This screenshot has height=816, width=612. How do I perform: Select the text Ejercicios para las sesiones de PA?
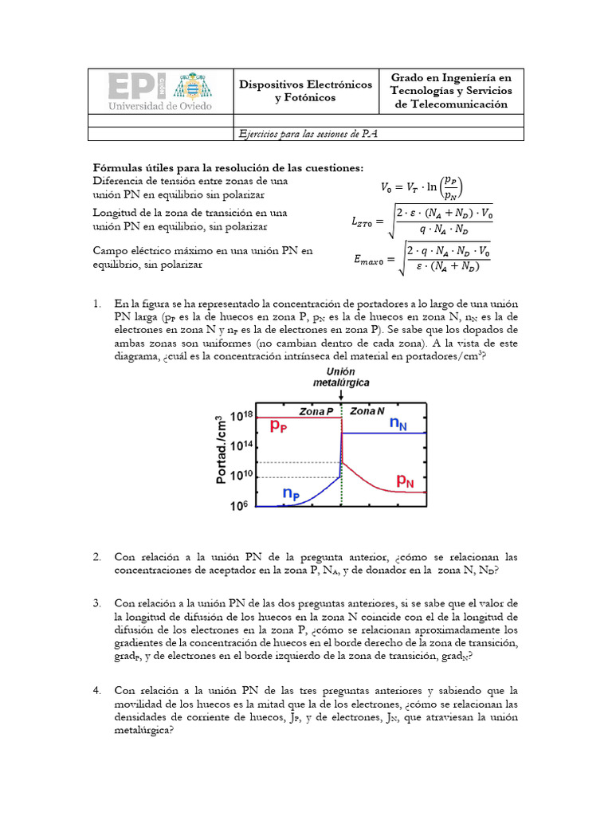tap(308, 134)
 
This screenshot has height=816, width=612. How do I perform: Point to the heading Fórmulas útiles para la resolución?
tap(228, 167)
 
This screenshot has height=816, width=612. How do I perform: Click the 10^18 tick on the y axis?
tap(241, 416)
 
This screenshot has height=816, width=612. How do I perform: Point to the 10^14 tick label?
tap(241, 446)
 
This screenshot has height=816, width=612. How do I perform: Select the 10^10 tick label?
tap(241, 476)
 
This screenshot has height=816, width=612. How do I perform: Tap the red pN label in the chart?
tap(406, 481)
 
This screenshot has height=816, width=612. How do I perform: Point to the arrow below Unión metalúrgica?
tap(341, 395)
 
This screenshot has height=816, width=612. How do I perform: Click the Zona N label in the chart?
tap(367, 411)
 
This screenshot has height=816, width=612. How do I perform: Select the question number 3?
tap(96, 603)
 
